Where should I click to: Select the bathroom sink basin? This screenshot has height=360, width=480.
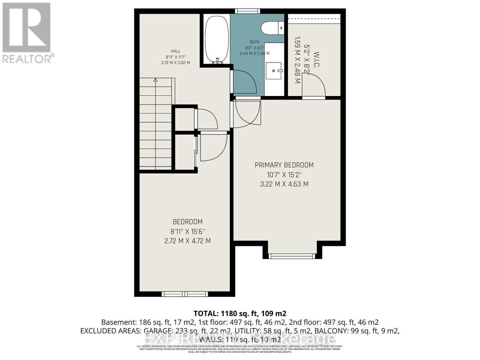click(x=274, y=71)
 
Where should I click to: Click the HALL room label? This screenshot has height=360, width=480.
click(x=175, y=51)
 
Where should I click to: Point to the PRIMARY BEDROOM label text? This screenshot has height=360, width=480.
click(x=284, y=165)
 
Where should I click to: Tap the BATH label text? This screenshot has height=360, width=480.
click(x=254, y=42)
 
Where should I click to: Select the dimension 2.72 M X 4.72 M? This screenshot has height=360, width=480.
click(x=187, y=241)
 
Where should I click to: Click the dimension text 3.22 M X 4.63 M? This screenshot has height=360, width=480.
click(x=284, y=184)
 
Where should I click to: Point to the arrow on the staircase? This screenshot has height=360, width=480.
click(x=155, y=80)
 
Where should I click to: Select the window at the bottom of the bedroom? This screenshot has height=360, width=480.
click(x=184, y=294)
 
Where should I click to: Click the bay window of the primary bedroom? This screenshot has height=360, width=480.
click(x=292, y=256)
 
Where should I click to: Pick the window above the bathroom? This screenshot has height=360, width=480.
click(x=247, y=11)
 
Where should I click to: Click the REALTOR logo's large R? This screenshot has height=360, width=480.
click(x=26, y=28)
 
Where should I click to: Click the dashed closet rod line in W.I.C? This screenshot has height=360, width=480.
click(x=314, y=19)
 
